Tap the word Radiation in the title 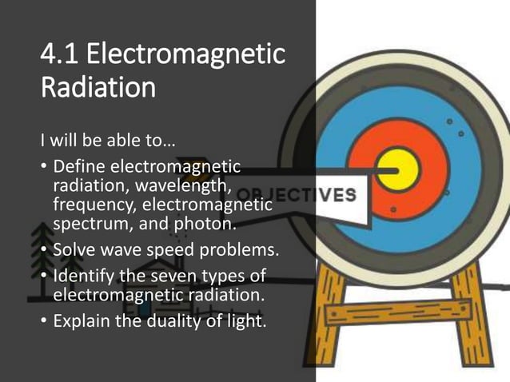tap(98, 87)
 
